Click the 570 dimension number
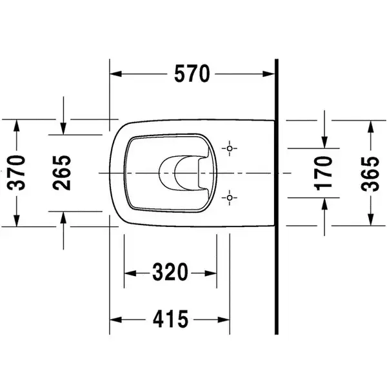point(192,74)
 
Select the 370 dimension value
point(16,173)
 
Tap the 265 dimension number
point(62,173)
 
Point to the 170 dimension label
point(323,174)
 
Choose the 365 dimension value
point(370,174)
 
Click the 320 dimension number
point(170,272)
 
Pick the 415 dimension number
point(170,319)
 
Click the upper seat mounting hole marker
point(230,148)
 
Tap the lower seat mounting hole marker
point(230,198)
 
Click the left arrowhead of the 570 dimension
point(115,74)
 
